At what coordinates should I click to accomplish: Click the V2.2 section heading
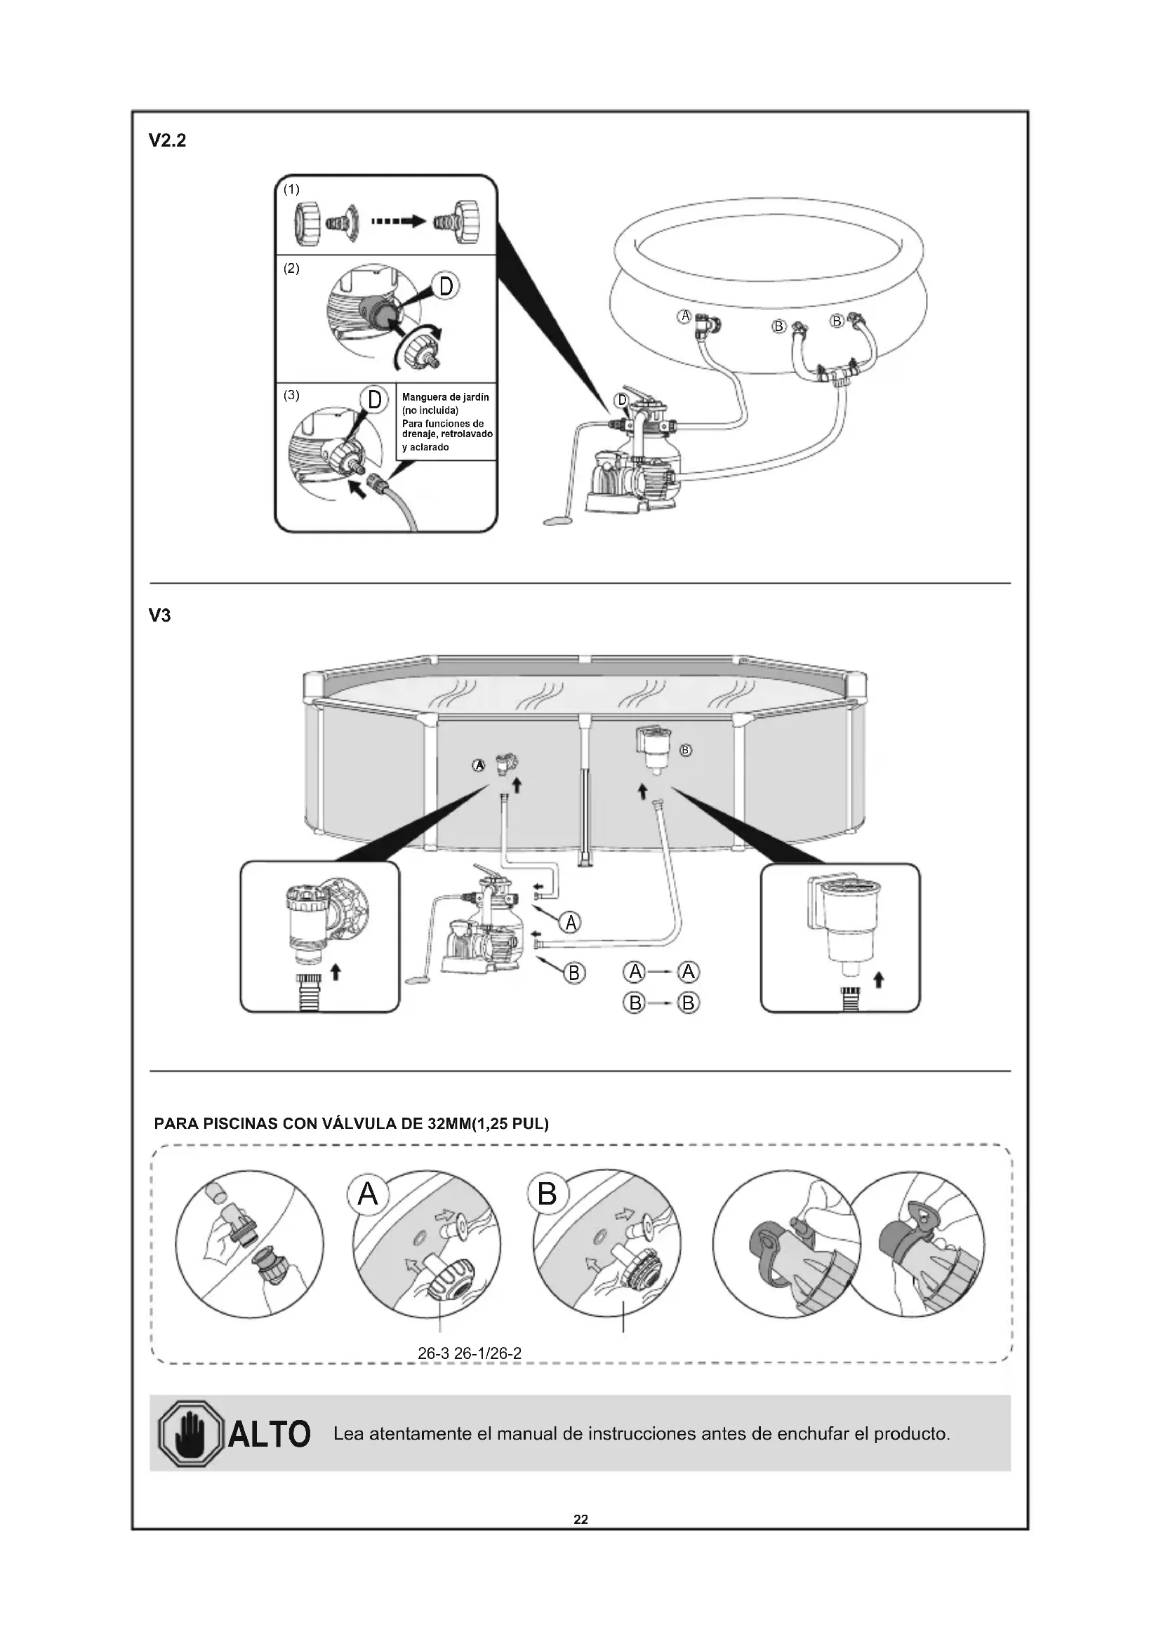click(x=166, y=141)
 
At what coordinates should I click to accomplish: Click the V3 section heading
click(x=159, y=615)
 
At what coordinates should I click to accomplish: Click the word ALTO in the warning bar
click(x=269, y=1435)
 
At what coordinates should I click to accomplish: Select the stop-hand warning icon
click(x=190, y=1434)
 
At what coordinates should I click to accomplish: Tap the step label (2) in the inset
click(x=291, y=269)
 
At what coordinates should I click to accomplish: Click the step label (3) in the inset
click(x=291, y=394)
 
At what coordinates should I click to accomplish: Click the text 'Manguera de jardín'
click(x=446, y=396)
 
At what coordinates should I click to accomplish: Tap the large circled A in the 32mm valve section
click(x=367, y=1193)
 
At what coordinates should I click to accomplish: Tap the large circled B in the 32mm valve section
click(x=547, y=1193)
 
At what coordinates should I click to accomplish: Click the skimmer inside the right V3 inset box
click(x=844, y=922)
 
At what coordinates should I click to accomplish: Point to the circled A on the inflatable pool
click(x=685, y=316)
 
